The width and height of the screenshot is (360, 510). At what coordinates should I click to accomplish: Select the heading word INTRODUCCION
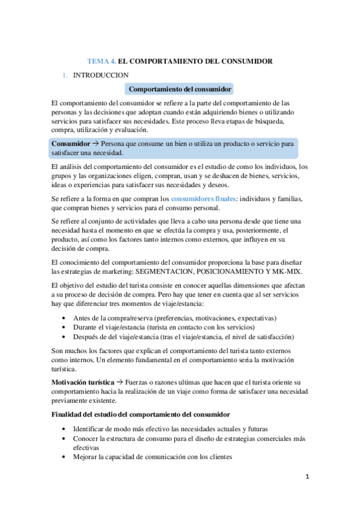[100, 75]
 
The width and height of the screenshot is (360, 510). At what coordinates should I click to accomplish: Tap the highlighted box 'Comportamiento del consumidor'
[180, 89]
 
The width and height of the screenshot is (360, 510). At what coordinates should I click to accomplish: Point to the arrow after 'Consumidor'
[96, 144]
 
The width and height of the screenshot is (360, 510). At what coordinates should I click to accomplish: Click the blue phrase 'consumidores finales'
[204, 198]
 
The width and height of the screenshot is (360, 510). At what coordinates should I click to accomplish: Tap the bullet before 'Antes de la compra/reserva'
[64, 318]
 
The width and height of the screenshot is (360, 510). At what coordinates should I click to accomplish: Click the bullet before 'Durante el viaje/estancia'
[64, 328]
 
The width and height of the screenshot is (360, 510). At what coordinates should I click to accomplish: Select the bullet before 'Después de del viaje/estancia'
[64, 337]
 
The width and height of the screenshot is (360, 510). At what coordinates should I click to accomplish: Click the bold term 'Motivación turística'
[82, 382]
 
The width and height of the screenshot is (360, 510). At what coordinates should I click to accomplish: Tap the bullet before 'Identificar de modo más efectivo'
[64, 429]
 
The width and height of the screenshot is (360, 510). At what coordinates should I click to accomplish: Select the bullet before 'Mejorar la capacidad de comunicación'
[64, 456]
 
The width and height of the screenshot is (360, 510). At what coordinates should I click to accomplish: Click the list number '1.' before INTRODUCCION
[65, 75]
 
